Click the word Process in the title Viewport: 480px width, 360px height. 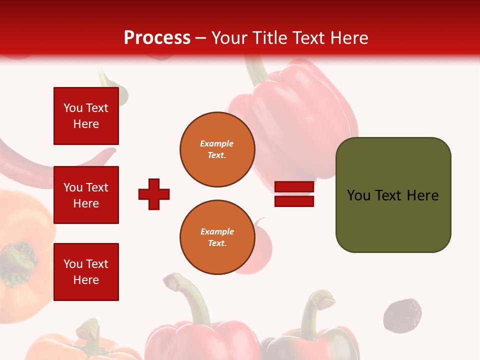click(x=157, y=38)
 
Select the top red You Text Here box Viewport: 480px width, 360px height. click(x=86, y=116)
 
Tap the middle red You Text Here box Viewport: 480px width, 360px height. click(x=86, y=195)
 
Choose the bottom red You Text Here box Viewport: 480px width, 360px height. click(x=86, y=271)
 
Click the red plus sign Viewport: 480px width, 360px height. click(x=154, y=194)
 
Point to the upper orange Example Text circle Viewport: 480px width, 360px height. click(x=217, y=149)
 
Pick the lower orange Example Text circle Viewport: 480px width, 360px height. click(x=217, y=237)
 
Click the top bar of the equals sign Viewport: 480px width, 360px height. click(x=294, y=186)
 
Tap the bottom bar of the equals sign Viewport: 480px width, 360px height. click(x=294, y=201)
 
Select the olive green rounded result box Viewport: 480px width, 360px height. click(x=393, y=195)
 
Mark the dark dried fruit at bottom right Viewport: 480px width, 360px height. click(x=401, y=315)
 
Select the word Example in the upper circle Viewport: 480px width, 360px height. click(x=216, y=143)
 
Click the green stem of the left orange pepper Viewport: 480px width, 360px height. click(x=20, y=260)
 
